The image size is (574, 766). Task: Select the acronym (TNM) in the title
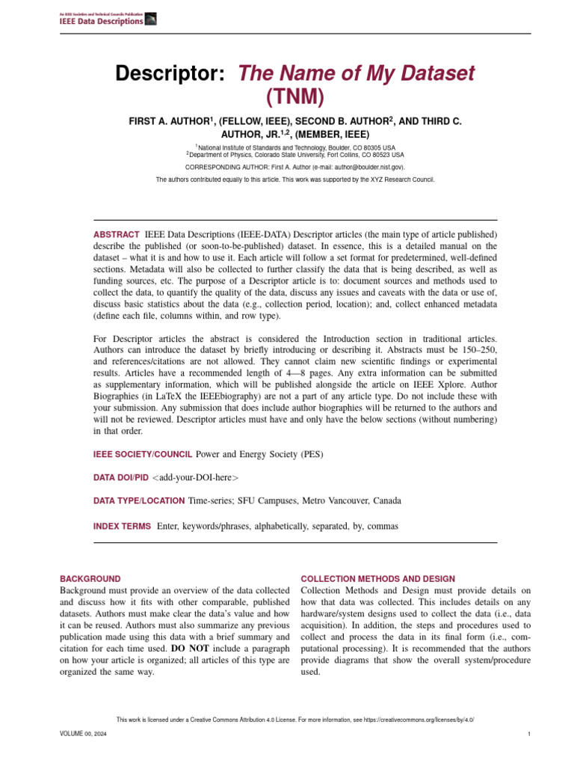pyautogui.click(x=295, y=96)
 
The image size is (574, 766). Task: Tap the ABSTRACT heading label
pyautogui.click(x=116, y=235)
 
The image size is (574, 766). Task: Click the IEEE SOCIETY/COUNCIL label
pyautogui.click(x=143, y=454)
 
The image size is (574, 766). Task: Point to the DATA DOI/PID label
pyautogui.click(x=120, y=477)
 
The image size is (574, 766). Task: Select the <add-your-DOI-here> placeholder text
pyautogui.click(x=195, y=477)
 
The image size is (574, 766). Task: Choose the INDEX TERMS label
pyautogui.click(x=122, y=526)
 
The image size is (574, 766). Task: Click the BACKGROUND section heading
pyautogui.click(x=90, y=578)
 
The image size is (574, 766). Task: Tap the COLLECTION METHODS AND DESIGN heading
pyautogui.click(x=377, y=578)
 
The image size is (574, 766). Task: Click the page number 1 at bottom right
pyautogui.click(x=528, y=735)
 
